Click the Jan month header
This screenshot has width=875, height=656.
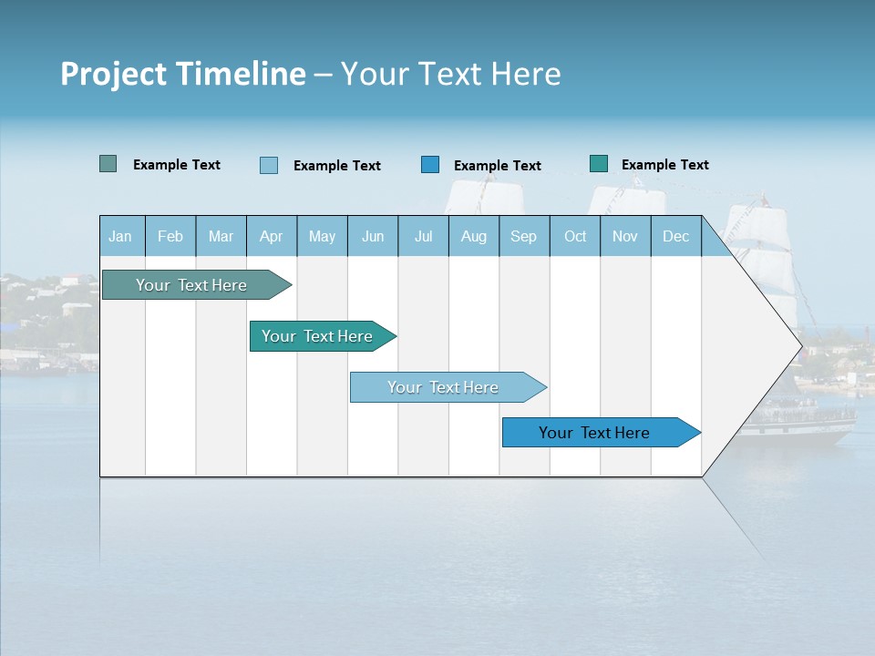(x=120, y=236)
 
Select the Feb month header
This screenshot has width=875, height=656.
(x=170, y=236)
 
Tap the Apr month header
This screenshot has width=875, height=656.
(x=271, y=236)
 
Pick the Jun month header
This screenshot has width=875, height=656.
(x=373, y=236)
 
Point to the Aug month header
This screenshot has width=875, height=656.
(x=473, y=236)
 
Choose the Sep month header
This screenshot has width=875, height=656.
(x=523, y=236)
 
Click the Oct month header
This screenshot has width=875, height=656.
(x=575, y=236)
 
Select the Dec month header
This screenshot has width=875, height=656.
(x=675, y=236)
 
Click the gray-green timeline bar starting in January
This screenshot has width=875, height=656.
(x=191, y=285)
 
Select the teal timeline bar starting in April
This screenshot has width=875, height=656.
(x=317, y=336)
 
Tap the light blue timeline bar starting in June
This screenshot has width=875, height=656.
(x=443, y=387)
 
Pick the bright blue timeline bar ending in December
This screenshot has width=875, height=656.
(x=594, y=433)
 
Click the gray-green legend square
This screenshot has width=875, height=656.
(x=108, y=164)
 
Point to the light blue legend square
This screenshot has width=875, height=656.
(x=269, y=165)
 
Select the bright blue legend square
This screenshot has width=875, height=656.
(x=430, y=165)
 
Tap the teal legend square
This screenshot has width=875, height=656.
(x=599, y=164)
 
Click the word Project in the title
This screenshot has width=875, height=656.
(x=113, y=74)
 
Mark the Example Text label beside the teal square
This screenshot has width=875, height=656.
(x=664, y=165)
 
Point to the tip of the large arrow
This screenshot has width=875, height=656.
(x=799, y=346)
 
